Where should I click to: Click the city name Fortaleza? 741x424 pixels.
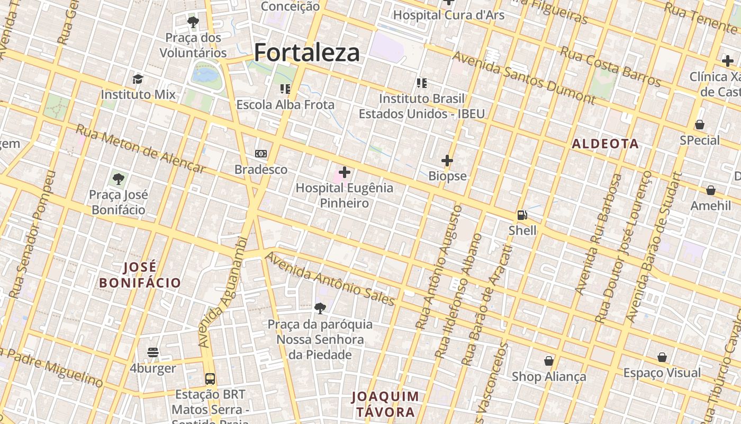click(x=307, y=52)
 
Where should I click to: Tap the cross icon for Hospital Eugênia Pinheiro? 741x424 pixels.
click(x=345, y=172)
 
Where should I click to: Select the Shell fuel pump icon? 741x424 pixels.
click(x=522, y=215)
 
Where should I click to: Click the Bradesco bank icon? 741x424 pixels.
click(x=261, y=154)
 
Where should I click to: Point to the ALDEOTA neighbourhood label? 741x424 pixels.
click(x=605, y=144)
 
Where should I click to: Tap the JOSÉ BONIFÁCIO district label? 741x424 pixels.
click(x=140, y=275)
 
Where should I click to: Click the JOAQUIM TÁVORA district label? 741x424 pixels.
click(x=385, y=404)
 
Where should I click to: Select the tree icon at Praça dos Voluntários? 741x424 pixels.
click(x=193, y=22)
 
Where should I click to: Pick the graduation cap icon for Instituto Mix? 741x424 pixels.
click(x=138, y=79)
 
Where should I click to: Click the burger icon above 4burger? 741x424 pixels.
click(x=153, y=352)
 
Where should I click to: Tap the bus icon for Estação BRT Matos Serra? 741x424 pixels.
click(x=210, y=379)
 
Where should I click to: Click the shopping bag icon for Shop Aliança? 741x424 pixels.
click(x=549, y=361)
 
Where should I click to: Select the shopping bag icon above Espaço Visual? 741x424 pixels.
click(x=662, y=357)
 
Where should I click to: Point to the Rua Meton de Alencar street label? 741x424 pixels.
click(x=140, y=149)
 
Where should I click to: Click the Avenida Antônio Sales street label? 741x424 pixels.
click(x=330, y=279)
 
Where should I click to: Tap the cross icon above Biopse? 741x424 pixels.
click(x=447, y=160)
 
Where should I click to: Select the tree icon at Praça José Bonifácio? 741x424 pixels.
click(x=119, y=179)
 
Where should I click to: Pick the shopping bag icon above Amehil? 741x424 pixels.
click(x=710, y=190)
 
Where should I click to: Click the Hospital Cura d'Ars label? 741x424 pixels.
click(x=448, y=15)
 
